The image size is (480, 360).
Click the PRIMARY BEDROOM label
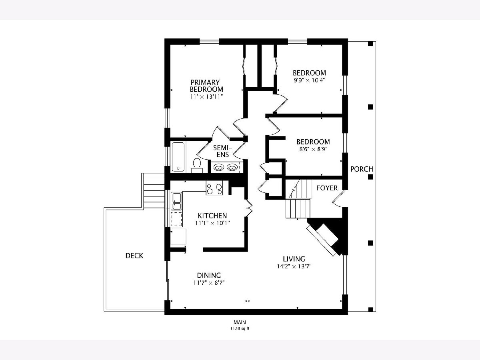point(206,86)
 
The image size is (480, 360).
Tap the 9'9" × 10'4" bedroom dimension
point(309,80)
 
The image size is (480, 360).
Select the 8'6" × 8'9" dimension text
point(313,149)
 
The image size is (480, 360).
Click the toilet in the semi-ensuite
point(197,165)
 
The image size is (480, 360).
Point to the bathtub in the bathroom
point(178,157)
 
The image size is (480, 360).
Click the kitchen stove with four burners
point(214,188)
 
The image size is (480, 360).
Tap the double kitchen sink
point(176,201)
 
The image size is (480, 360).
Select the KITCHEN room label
point(212,216)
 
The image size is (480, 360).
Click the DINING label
point(209,275)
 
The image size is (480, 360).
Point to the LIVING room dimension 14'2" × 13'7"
point(294,266)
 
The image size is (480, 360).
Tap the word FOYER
point(327,188)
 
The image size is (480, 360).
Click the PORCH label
point(362,169)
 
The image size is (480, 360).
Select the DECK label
point(134,256)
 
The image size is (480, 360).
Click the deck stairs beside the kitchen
point(153,190)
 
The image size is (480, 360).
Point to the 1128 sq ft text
point(240,328)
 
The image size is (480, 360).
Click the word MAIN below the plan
point(240,322)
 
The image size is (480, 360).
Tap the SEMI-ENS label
point(223,151)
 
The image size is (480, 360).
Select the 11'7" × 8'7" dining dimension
point(209,283)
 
